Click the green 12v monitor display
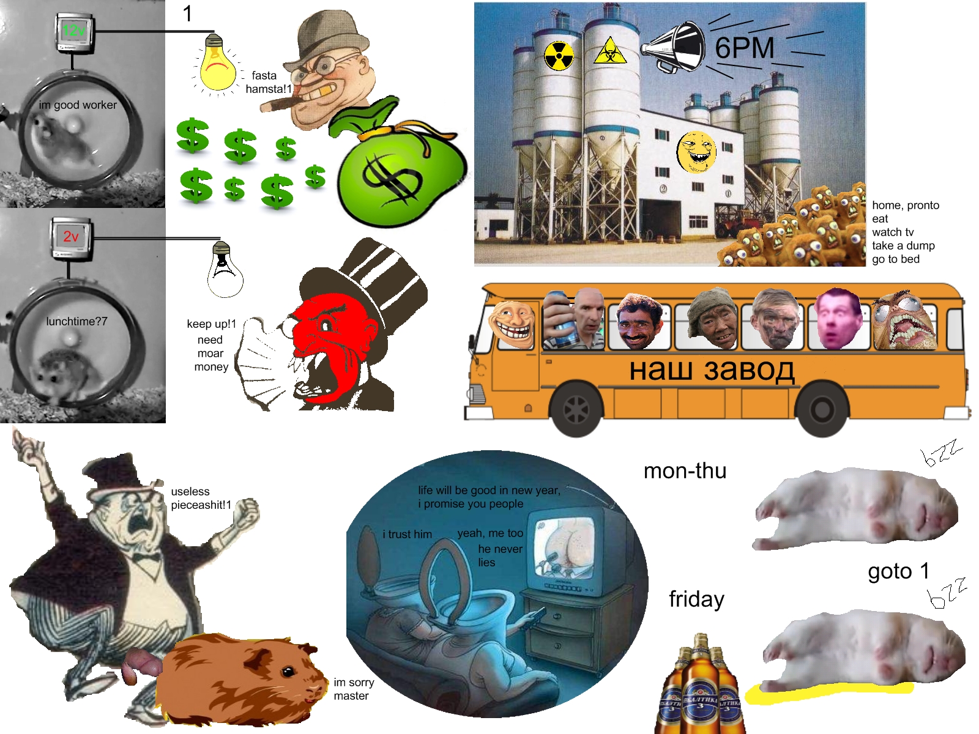pyautogui.click(x=74, y=31)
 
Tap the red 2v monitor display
pyautogui.click(x=70, y=236)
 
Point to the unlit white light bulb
pyautogui.click(x=225, y=270)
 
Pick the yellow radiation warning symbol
pyautogui.click(x=559, y=56)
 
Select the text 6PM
pyautogui.click(x=745, y=48)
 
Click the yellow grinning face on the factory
pyautogui.click(x=696, y=152)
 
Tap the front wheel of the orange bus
pyautogui.click(x=576, y=409)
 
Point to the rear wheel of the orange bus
pyautogui.click(x=822, y=409)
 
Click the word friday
pyautogui.click(x=696, y=599)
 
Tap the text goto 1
pyautogui.click(x=898, y=571)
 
